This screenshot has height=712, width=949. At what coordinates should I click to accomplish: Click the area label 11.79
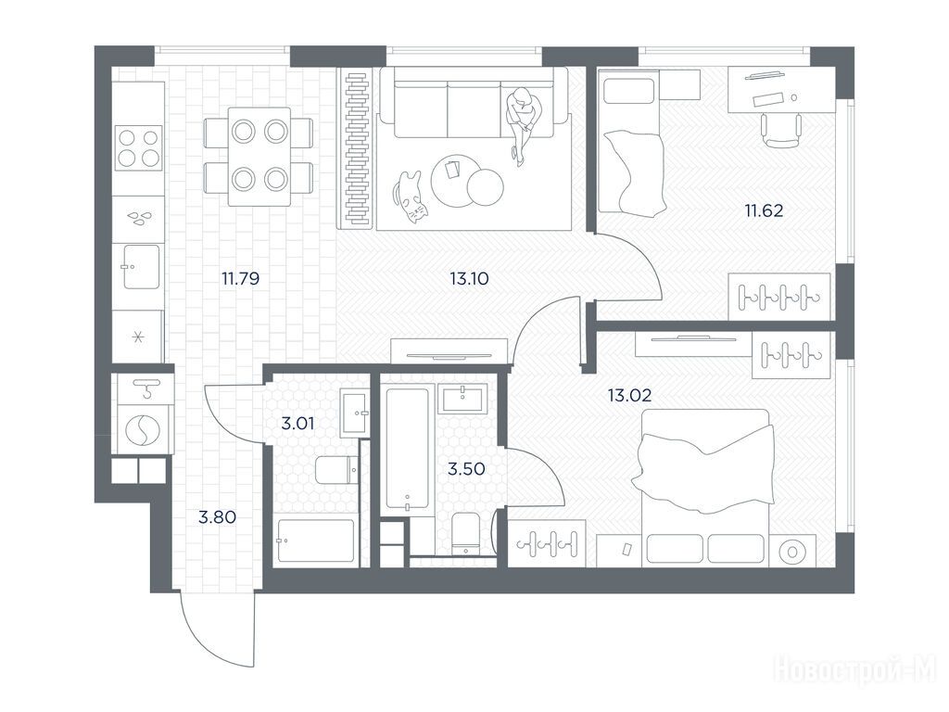click(240, 278)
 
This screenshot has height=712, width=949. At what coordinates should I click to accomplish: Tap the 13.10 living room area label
click(469, 278)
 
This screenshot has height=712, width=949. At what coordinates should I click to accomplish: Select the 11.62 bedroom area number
click(764, 210)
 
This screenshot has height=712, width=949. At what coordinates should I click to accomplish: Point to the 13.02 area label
click(629, 395)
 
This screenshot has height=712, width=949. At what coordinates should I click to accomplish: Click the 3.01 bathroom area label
click(297, 423)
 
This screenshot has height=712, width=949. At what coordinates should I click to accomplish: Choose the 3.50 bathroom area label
click(466, 468)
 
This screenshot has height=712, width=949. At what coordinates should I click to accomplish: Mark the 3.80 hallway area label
click(217, 517)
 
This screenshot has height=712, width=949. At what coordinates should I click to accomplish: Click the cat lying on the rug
click(410, 197)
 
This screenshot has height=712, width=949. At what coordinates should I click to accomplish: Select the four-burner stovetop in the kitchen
click(139, 147)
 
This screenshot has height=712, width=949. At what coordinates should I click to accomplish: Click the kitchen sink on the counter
click(142, 266)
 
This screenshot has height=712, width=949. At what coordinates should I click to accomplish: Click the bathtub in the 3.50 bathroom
click(408, 448)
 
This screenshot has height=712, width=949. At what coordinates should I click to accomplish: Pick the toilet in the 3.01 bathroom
click(336, 470)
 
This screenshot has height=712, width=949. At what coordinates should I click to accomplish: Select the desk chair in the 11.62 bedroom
click(780, 130)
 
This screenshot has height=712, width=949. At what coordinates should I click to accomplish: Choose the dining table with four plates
click(259, 157)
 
